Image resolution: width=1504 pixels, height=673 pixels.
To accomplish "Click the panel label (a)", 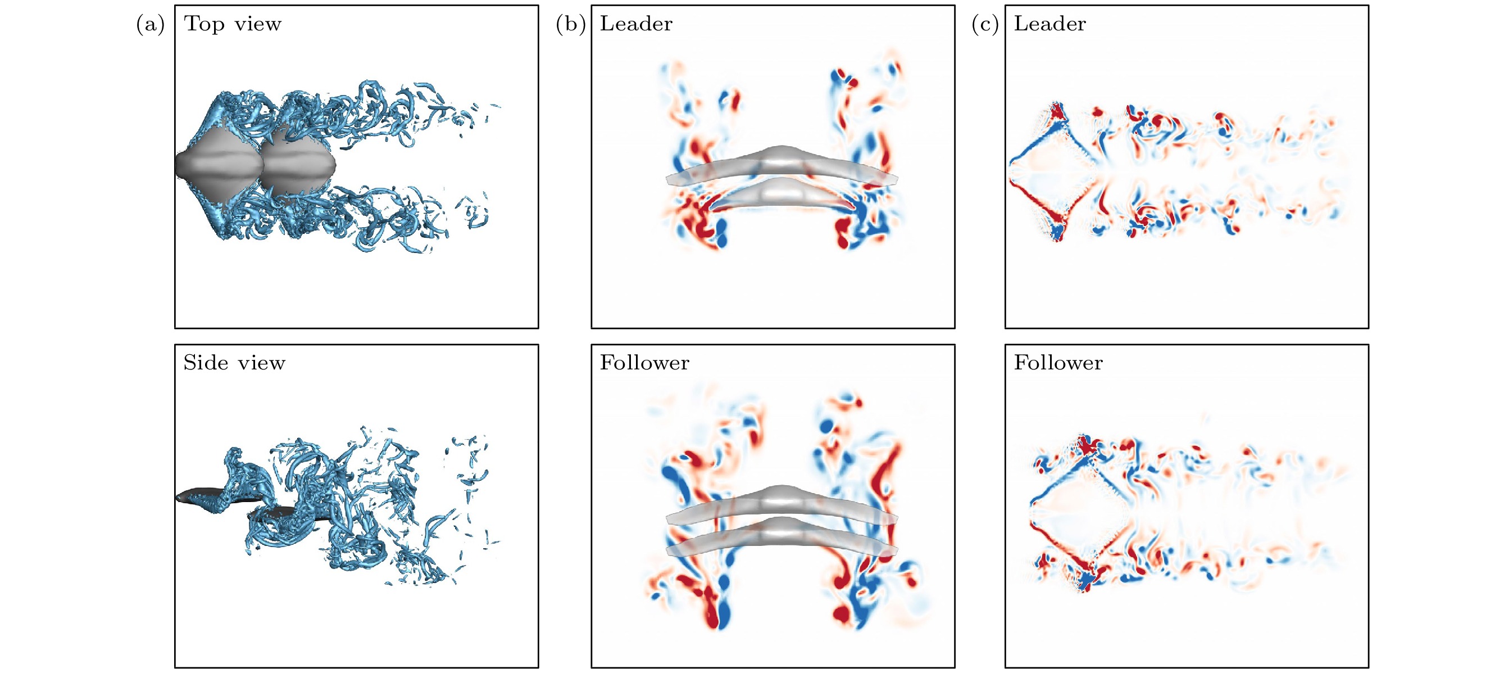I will [x=150, y=25].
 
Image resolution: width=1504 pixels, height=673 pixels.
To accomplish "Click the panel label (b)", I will [x=570, y=25].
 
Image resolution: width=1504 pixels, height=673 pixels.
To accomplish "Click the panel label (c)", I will [x=985, y=25].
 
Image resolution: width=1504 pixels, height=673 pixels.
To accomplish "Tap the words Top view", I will [x=233, y=25].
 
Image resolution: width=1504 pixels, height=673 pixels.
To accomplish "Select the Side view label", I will [x=234, y=363].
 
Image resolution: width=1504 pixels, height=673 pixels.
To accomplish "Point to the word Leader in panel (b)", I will [x=636, y=24].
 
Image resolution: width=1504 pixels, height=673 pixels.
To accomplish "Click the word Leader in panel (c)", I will [x=1049, y=24].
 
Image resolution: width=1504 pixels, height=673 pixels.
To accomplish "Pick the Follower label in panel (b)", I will [x=644, y=363].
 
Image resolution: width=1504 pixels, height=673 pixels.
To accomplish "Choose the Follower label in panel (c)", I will [x=1058, y=363].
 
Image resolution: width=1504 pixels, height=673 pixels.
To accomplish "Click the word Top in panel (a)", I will [x=205, y=25].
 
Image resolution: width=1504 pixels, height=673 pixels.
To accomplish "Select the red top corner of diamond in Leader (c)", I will [x=1057, y=111].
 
